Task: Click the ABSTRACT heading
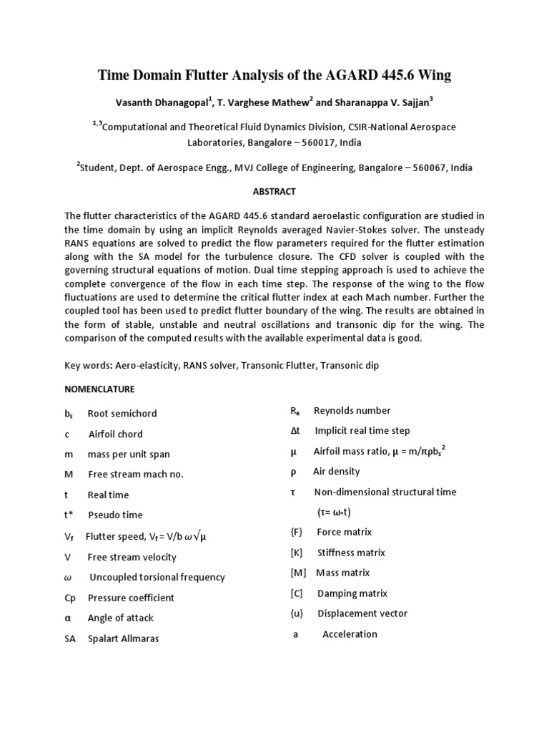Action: (274, 192)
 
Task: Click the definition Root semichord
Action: (122, 414)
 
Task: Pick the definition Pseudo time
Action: (115, 515)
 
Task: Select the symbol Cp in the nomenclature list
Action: (69, 598)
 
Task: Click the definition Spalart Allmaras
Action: (123, 639)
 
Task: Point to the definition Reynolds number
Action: (352, 411)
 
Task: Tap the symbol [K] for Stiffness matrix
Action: (297, 553)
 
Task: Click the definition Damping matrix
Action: (352, 593)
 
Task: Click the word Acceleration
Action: (350, 634)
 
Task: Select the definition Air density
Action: (336, 472)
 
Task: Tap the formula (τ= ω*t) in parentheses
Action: (334, 513)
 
